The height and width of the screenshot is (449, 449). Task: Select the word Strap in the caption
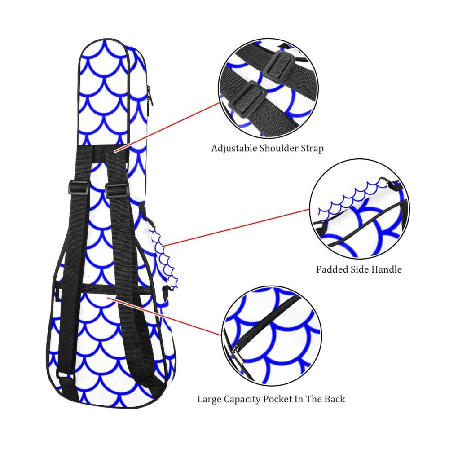click(312, 149)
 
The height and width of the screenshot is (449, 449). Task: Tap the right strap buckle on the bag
click(116, 190)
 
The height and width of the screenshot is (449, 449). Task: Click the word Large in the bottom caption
click(209, 399)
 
